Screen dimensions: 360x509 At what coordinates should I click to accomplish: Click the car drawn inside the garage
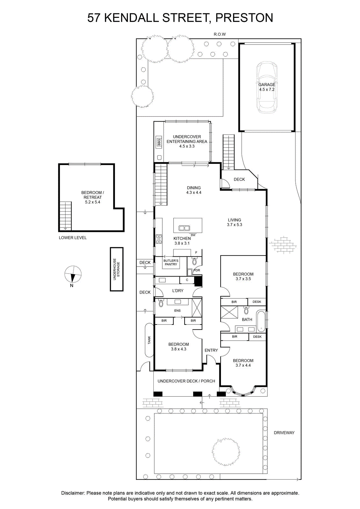(267, 87)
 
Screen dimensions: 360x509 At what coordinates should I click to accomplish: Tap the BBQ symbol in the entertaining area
(159, 142)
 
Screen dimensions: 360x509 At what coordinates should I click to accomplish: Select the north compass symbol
(73, 274)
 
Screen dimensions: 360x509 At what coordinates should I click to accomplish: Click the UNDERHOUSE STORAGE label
(116, 269)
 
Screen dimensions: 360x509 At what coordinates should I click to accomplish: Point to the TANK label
(149, 340)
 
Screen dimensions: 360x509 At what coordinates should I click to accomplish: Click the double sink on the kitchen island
(184, 228)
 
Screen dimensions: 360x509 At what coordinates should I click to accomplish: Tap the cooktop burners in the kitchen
(159, 239)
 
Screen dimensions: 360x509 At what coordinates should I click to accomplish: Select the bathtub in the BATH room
(261, 321)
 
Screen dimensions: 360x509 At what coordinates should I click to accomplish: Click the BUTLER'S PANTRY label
(171, 262)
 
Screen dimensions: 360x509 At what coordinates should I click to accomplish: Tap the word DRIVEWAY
(284, 433)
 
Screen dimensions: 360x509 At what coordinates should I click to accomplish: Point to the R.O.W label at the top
(220, 34)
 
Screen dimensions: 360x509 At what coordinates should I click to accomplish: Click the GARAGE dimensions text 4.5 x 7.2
(267, 89)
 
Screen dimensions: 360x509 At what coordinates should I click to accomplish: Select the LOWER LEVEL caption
(73, 238)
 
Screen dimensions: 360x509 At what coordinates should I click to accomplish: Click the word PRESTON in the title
(244, 18)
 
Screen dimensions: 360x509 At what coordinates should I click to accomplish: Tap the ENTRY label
(211, 350)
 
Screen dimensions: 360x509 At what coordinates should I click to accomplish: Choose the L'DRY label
(178, 291)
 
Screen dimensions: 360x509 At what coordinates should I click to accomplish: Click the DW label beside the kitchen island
(193, 235)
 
